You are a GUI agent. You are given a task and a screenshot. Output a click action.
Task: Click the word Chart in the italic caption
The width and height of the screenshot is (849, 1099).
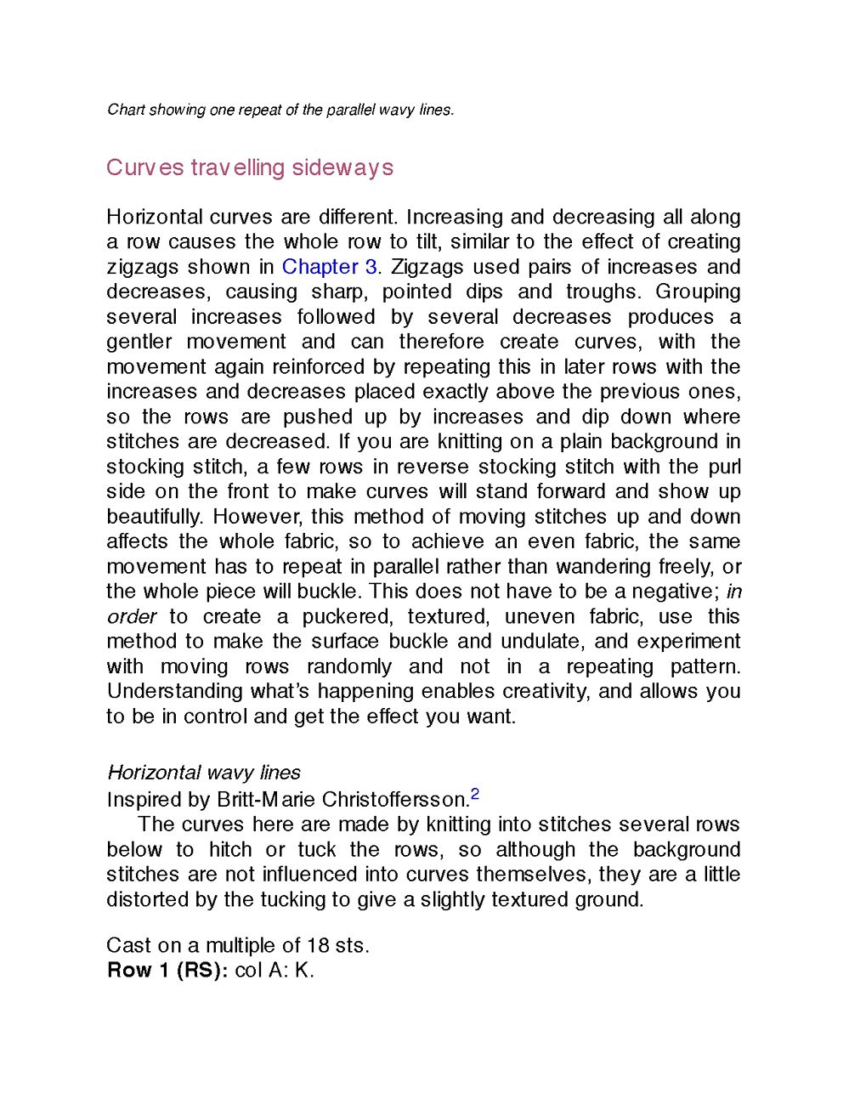(126, 110)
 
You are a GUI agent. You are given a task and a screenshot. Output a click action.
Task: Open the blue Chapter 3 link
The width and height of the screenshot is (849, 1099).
(329, 267)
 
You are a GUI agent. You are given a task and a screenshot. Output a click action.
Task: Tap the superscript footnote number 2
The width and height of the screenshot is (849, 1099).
(475, 795)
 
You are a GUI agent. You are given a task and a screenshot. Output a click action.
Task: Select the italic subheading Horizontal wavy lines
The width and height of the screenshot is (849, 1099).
(204, 773)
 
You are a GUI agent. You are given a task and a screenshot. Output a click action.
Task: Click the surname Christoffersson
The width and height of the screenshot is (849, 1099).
(395, 800)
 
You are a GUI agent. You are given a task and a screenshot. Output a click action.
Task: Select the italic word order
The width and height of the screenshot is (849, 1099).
(132, 616)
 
